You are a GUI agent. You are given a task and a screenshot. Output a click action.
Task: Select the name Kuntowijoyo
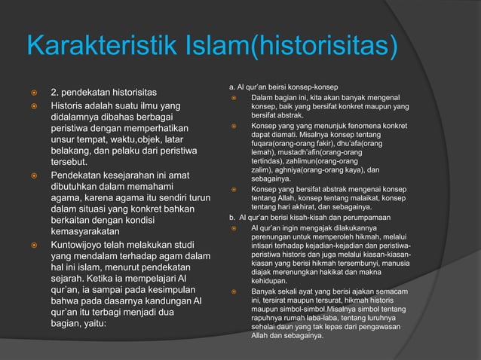click(86, 246)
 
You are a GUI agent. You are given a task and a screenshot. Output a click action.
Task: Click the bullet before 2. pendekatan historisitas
click(33, 93)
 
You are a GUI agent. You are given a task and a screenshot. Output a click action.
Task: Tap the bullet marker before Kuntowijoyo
click(33, 246)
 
